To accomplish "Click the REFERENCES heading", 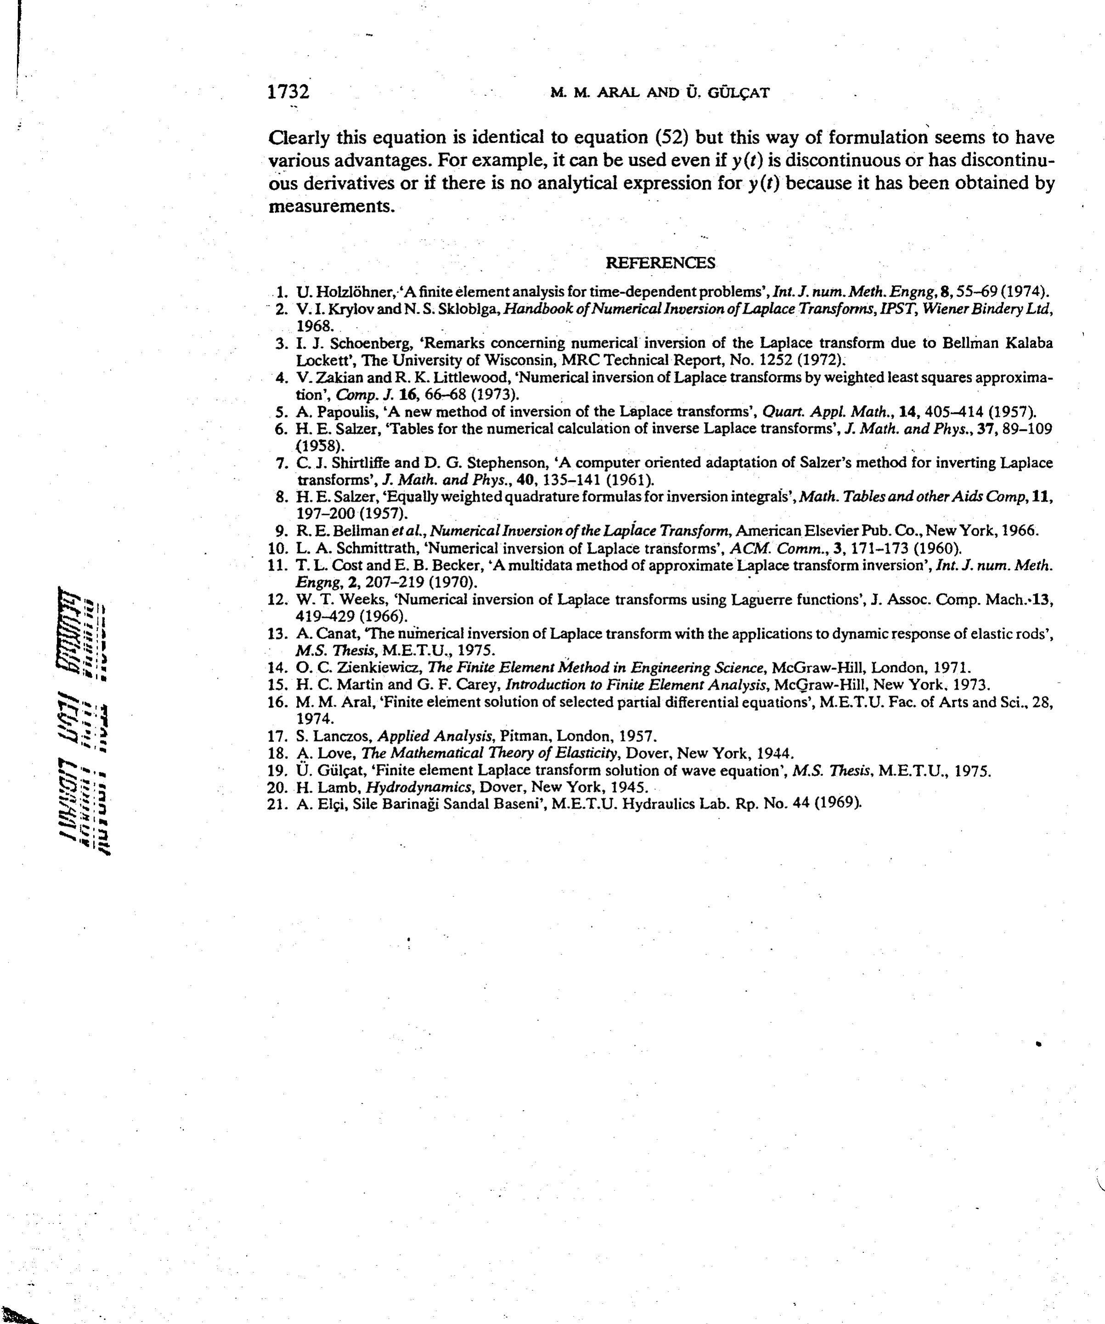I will (x=660, y=263).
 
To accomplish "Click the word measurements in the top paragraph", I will (x=332, y=206).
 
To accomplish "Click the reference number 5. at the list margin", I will (x=282, y=413).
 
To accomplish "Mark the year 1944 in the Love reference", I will (x=775, y=753).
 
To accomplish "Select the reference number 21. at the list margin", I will (x=278, y=804).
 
